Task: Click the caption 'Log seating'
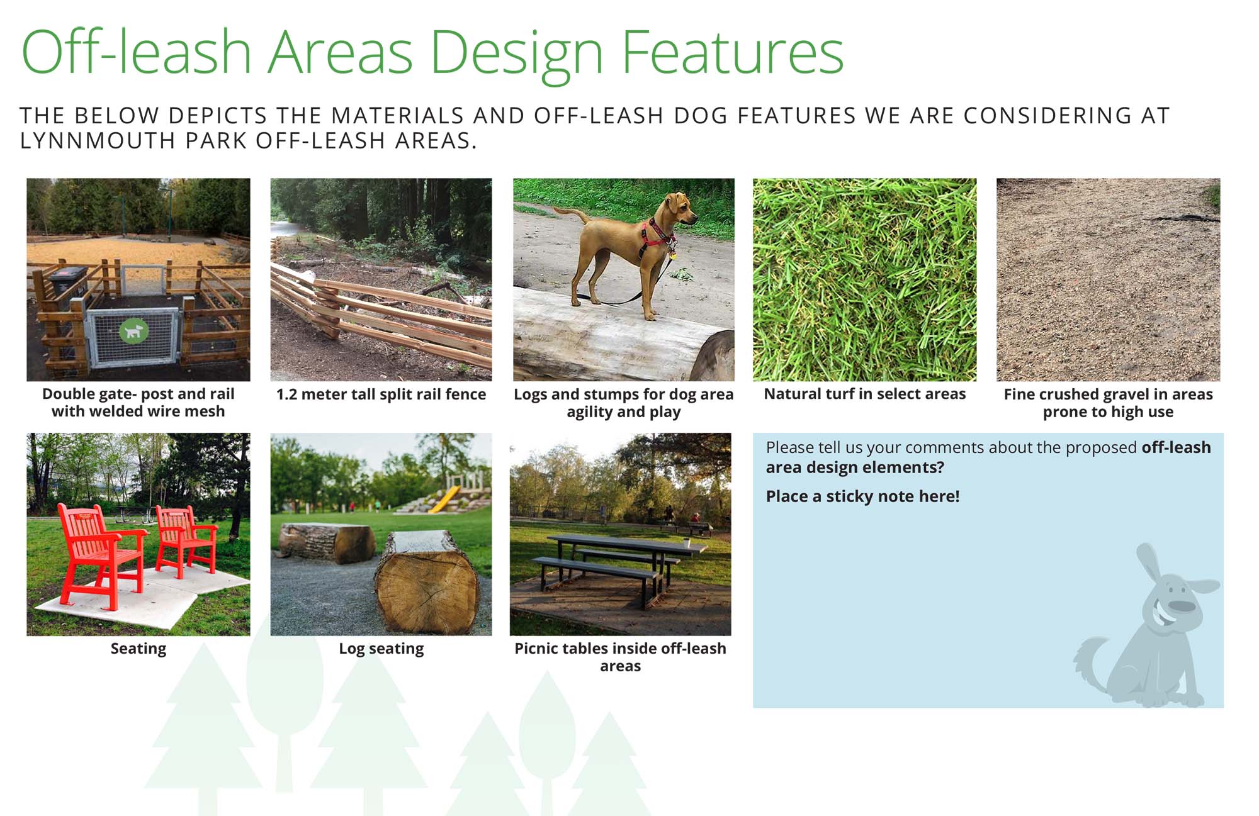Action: click(381, 649)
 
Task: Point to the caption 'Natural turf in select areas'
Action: click(864, 394)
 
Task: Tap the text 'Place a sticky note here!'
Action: click(862, 496)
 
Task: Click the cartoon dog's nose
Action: click(1181, 606)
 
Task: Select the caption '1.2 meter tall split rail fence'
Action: click(381, 394)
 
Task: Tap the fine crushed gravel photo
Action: click(1108, 279)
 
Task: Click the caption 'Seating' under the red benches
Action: click(138, 649)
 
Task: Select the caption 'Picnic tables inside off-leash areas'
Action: click(620, 657)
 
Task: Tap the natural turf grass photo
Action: click(864, 279)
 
